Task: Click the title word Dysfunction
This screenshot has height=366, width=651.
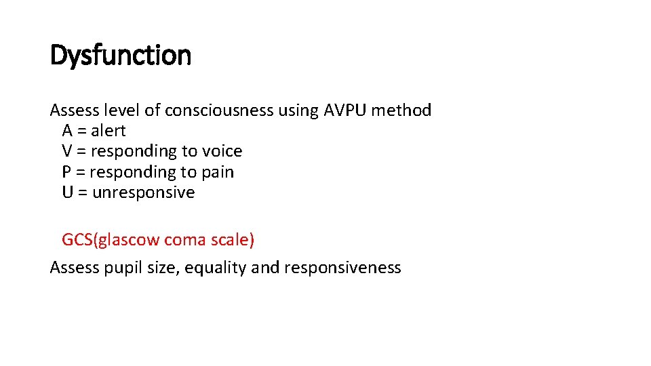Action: point(121,56)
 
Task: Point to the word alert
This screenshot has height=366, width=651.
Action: point(108,131)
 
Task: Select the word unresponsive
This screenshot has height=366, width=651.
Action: point(143,192)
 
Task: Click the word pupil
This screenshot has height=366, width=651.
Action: point(119,268)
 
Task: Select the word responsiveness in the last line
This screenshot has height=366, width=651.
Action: point(342,268)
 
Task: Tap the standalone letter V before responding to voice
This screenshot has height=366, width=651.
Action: point(68,151)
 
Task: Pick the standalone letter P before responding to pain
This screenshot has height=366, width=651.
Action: point(67,172)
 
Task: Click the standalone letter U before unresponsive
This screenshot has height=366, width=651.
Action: point(68,192)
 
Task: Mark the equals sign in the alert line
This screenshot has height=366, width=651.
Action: point(81,131)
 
